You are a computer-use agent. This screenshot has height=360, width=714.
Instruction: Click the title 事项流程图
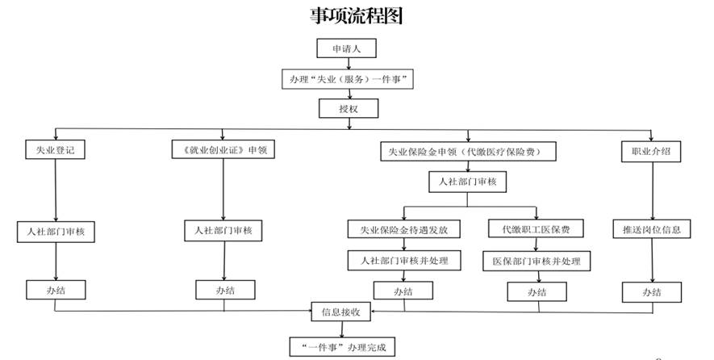tap(356, 15)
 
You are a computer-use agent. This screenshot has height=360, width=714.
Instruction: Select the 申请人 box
tap(346, 49)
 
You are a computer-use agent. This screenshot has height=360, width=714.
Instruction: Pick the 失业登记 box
tap(55, 151)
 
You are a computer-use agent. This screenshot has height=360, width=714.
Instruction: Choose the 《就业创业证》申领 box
tap(223, 151)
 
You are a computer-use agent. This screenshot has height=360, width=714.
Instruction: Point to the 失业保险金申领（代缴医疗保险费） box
tap(467, 151)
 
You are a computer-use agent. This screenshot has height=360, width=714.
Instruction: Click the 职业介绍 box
tap(651, 151)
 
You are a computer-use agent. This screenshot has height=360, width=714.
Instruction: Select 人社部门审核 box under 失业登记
tap(56, 232)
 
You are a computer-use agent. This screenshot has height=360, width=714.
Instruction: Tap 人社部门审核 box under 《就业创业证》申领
tap(223, 231)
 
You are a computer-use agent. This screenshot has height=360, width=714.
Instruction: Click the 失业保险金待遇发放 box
tap(403, 230)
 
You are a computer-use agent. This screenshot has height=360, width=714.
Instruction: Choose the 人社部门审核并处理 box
tap(403, 261)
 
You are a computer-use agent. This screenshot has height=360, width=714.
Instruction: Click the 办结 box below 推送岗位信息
tap(651, 291)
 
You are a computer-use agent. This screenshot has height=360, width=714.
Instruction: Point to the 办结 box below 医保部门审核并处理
tap(536, 291)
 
